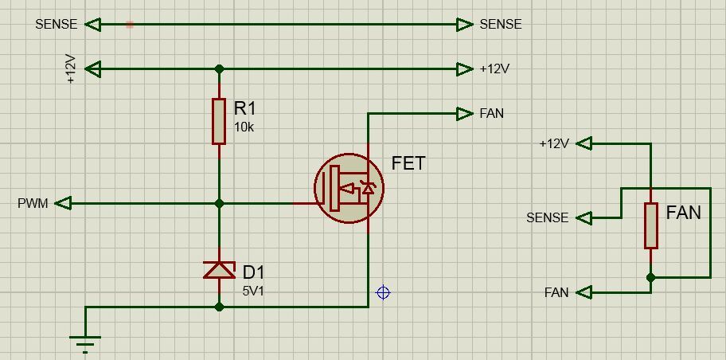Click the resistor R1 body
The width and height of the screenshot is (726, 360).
pyautogui.click(x=219, y=121)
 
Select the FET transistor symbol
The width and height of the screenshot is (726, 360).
pyautogui.click(x=349, y=189)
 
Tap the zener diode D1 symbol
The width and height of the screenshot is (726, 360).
pyautogui.click(x=220, y=270)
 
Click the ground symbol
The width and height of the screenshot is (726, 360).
pyautogui.click(x=85, y=343)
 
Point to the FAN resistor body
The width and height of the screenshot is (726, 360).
pyautogui.click(x=651, y=225)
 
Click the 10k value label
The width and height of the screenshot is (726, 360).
pyautogui.click(x=244, y=127)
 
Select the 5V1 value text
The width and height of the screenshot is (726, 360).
pyautogui.click(x=253, y=292)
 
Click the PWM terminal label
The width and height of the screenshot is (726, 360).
pyautogui.click(x=33, y=204)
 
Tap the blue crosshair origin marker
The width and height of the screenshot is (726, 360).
pyautogui.click(x=383, y=292)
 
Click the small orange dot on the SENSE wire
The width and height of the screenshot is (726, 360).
pyautogui.click(x=130, y=25)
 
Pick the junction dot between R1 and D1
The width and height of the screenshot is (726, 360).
pyautogui.click(x=220, y=204)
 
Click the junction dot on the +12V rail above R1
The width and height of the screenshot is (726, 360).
pyautogui.click(x=220, y=69)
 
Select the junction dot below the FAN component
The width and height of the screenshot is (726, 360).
pyautogui.click(x=651, y=277)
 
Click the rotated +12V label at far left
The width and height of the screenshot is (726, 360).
pyautogui.click(x=70, y=69)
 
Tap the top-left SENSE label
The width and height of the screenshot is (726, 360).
pyautogui.click(x=56, y=25)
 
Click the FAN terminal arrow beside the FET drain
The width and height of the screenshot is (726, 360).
pyautogui.click(x=466, y=114)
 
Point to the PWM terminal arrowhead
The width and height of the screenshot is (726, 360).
pyautogui.click(x=64, y=204)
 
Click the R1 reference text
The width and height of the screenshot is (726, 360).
pyautogui.click(x=245, y=108)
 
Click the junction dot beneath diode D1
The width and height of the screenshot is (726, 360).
pyautogui.click(x=220, y=307)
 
